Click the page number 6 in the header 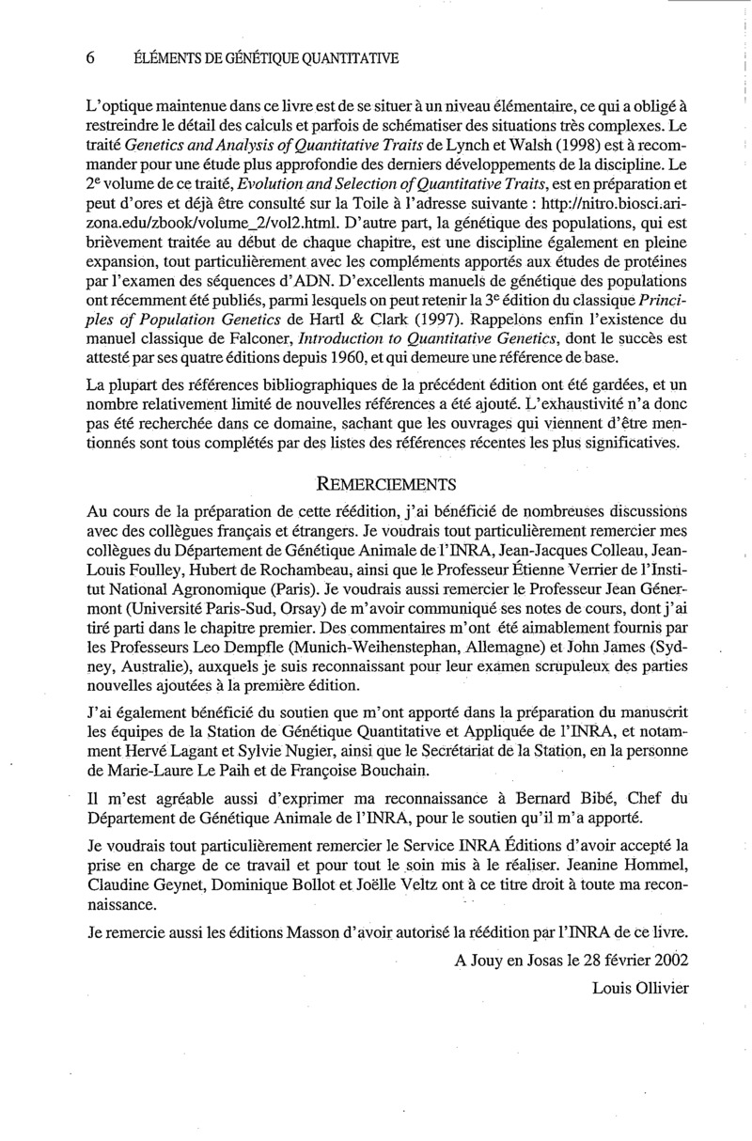(91, 58)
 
